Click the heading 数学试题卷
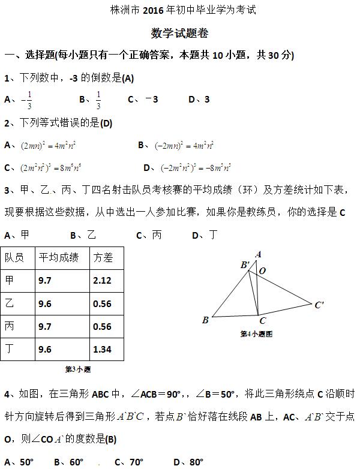click(180, 33)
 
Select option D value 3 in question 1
click(206, 100)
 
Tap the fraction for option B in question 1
click(98, 100)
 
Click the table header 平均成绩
click(58, 257)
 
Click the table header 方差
click(103, 257)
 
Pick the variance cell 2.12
click(103, 280)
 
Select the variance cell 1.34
click(103, 349)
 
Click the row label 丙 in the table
click(9, 326)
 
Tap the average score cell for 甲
click(44, 280)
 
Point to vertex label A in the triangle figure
click(258, 254)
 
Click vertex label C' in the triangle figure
click(319, 305)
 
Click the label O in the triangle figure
click(262, 271)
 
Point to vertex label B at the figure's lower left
click(205, 320)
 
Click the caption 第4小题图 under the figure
click(256, 334)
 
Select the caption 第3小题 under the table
click(78, 369)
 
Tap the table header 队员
click(14, 257)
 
